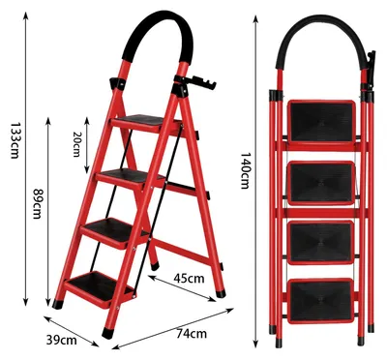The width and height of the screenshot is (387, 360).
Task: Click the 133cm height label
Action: point(15,140)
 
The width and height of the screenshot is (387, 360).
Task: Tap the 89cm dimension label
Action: point(37,203)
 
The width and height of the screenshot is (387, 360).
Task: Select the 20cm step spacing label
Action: point(75,144)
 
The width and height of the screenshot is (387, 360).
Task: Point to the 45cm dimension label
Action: point(189,278)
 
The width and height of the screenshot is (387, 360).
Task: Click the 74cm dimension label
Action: point(192,333)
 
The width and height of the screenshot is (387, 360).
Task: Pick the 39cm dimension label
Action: point(62,340)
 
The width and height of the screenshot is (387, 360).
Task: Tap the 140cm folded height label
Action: point(245,170)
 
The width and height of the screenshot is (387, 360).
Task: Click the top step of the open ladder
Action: point(142,122)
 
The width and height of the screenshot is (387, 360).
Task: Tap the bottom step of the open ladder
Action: point(100,288)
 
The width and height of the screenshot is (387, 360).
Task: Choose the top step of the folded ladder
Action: point(321,122)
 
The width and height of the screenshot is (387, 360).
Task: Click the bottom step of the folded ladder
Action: point(320,301)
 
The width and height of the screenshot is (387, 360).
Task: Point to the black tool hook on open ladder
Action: point(196,82)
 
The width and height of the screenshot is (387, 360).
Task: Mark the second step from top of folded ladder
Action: point(321,183)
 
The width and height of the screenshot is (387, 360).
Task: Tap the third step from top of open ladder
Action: point(113,231)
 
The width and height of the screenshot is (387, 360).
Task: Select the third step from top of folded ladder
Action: point(320,243)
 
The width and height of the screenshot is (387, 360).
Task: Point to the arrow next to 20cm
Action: point(87,145)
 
